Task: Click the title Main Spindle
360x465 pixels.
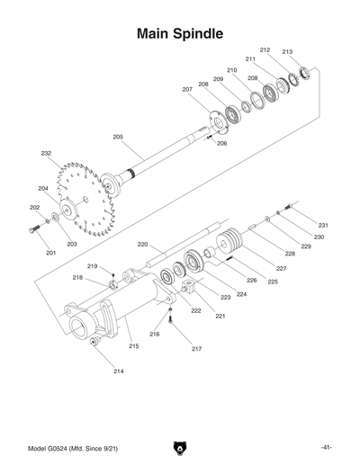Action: pyautogui.click(x=180, y=34)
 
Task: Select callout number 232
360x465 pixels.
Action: pyautogui.click(x=46, y=154)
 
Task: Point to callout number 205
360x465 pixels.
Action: pyautogui.click(x=118, y=137)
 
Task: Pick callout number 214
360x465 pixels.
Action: pyautogui.click(x=118, y=371)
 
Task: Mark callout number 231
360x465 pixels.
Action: pyautogui.click(x=322, y=225)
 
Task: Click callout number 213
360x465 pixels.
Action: pyautogui.click(x=288, y=52)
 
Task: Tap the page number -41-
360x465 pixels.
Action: pyautogui.click(x=327, y=447)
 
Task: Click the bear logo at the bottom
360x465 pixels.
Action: pyautogui.click(x=179, y=447)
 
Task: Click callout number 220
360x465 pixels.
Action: pyautogui.click(x=142, y=245)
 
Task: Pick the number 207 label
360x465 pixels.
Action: pyautogui.click(x=187, y=90)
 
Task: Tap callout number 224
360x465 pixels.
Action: pyautogui.click(x=241, y=294)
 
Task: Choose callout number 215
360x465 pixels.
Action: pyautogui.click(x=133, y=346)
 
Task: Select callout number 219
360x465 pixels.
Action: pyautogui.click(x=93, y=267)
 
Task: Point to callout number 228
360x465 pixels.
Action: pyautogui.click(x=290, y=255)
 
